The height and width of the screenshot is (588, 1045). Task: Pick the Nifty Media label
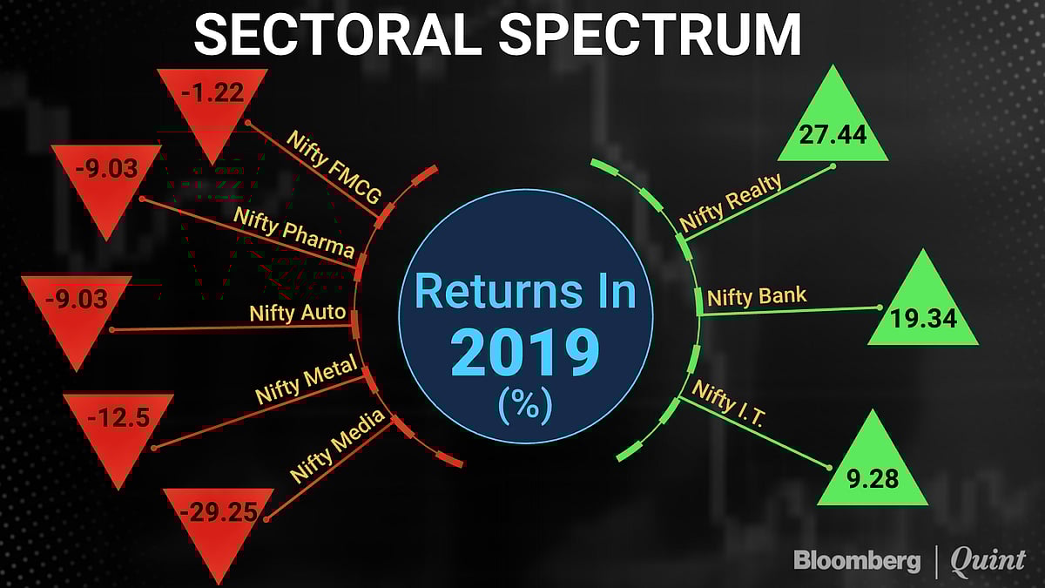click(x=337, y=446)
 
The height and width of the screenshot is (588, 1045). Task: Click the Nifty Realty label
click(x=731, y=201)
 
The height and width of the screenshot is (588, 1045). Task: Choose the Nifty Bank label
click(x=757, y=296)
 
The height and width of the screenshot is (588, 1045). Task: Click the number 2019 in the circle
click(x=525, y=353)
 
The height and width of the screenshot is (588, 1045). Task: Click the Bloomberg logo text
click(x=857, y=561)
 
